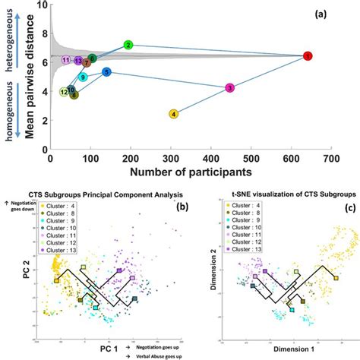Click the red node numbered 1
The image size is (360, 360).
pos(308,56)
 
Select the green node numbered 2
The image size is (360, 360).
pos(128,46)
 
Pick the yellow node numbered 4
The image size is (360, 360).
pos(175,114)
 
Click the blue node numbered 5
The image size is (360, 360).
pos(107,72)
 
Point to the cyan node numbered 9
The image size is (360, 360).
pos(83,77)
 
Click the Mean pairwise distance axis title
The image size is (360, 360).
pos(31,77)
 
